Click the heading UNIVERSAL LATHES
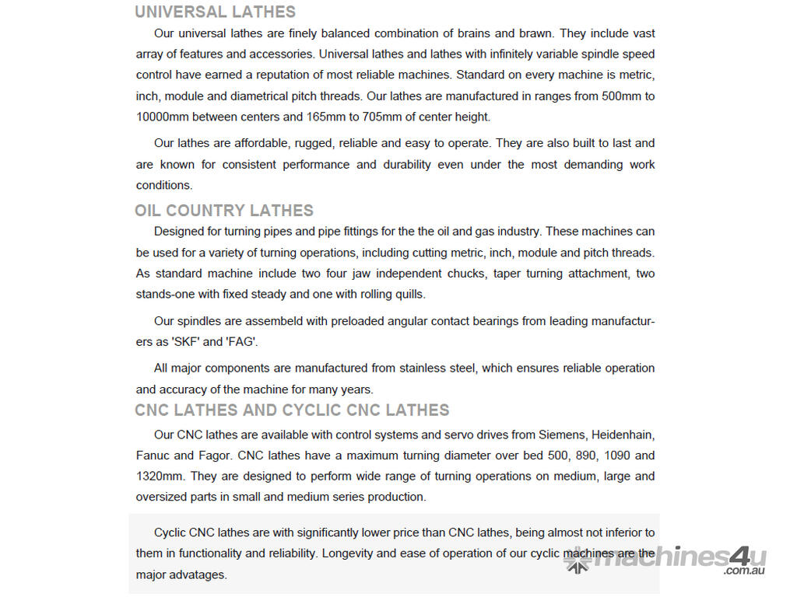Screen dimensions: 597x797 click(215, 12)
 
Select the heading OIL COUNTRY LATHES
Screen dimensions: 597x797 click(224, 211)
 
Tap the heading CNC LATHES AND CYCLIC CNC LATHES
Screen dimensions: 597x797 click(292, 410)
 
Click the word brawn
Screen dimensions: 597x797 click(535, 33)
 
